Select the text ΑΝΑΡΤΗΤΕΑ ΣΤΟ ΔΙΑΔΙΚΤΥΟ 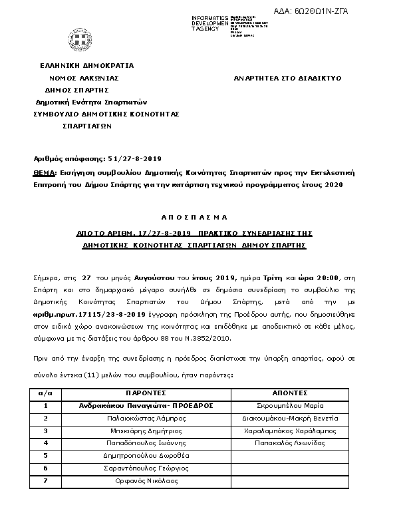click(x=288, y=78)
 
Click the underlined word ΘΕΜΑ click(x=45, y=171)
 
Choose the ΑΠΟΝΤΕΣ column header click(x=289, y=393)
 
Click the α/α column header click(x=46, y=393)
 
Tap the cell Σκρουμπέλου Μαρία click(x=289, y=405)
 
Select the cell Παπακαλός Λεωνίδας click(x=289, y=442)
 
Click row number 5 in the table click(x=46, y=455)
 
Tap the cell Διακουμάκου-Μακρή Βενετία click(x=289, y=418)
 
